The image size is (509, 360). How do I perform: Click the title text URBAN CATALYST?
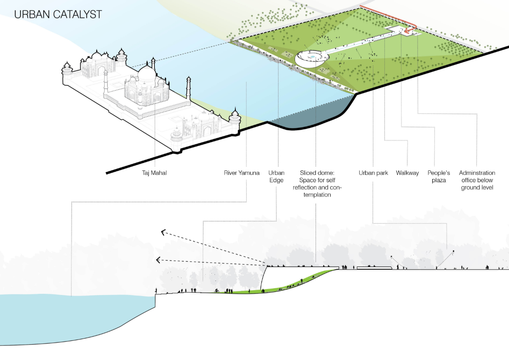click(58, 14)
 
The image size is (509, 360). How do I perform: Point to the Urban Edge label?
click(276, 177)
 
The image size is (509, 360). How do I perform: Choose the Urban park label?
click(373, 173)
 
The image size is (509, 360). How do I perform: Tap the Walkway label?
click(407, 173)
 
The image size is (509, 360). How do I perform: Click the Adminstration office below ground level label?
click(477, 180)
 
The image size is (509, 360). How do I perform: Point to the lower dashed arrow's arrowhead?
click(158, 260)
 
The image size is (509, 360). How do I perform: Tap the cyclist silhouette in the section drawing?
click(217, 290)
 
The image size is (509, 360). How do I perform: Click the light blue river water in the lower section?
click(65, 318)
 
